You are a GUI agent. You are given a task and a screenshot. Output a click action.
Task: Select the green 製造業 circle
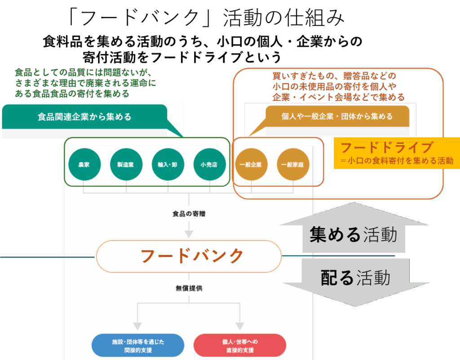[126, 164]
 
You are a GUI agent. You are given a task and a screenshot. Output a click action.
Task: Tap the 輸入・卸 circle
[168, 164]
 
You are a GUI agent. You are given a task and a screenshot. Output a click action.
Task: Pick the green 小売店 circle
[209, 164]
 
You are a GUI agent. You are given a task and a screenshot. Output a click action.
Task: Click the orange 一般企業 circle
[251, 164]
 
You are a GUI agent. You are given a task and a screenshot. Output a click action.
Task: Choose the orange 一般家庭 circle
[292, 164]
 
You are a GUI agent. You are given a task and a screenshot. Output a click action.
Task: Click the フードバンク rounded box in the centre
[189, 256]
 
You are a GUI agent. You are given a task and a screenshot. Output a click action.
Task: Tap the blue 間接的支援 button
[138, 345]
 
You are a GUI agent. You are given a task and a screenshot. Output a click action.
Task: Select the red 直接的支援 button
[240, 345]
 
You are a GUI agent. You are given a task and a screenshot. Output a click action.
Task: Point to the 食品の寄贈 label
[189, 214]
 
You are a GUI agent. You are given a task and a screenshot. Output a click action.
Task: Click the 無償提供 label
[189, 288]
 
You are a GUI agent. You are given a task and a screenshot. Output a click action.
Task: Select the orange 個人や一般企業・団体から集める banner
[337, 116]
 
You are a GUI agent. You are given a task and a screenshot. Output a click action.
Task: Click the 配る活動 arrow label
[355, 278]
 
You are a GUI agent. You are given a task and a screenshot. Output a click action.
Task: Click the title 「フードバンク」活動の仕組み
[207, 18]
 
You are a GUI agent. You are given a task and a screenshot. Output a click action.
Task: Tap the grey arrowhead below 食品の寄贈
[189, 234]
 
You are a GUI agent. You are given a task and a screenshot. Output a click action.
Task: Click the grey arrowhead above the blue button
[137, 325]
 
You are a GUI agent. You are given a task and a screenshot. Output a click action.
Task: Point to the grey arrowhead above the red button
[240, 325]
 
